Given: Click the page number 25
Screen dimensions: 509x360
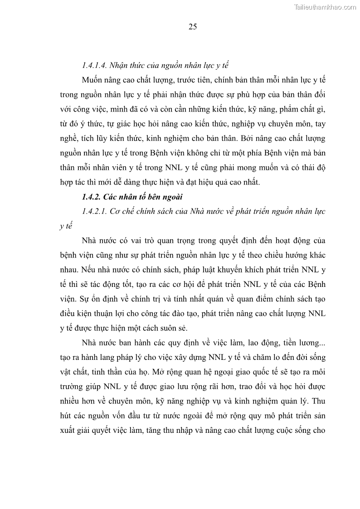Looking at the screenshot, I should click(x=192, y=27).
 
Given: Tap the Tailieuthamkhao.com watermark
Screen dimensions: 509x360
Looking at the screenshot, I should click(x=326, y=7).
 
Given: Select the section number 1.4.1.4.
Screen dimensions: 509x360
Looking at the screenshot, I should click(x=95, y=65).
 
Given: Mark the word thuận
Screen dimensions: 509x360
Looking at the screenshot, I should click(x=107, y=314).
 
